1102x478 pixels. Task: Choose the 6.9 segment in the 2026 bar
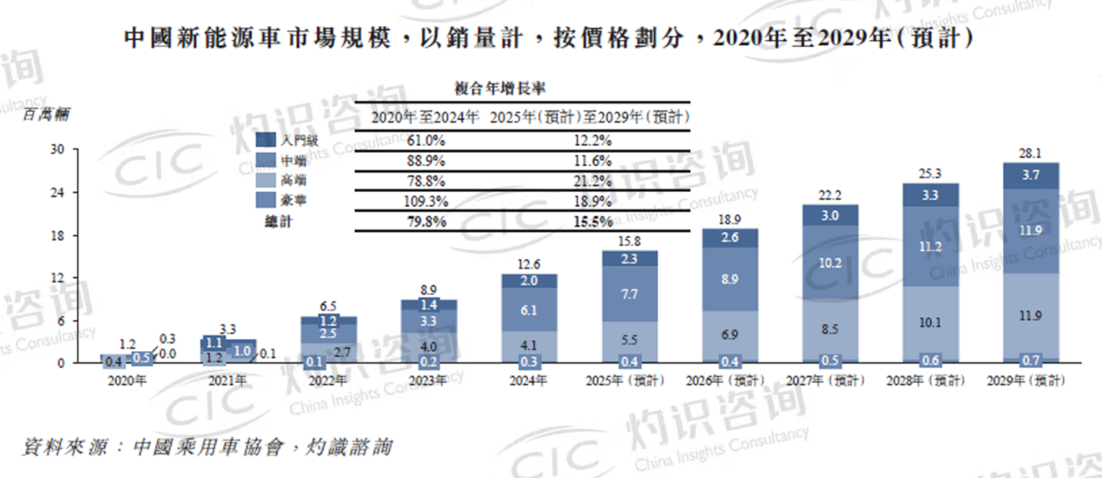[730, 334]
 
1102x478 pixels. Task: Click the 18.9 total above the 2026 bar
[730, 218]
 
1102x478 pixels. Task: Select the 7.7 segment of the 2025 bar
[629, 295]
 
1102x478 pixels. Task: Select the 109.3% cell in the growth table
[426, 201]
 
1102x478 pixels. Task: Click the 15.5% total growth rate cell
[593, 222]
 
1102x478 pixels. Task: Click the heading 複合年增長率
[500, 87]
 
